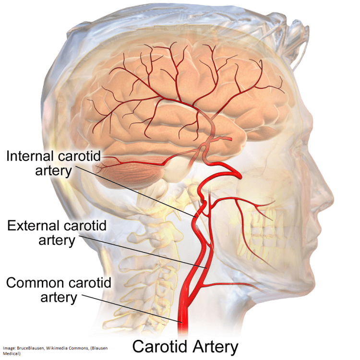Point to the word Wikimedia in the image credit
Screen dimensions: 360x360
tap(56, 348)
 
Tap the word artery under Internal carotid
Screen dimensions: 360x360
tap(53, 171)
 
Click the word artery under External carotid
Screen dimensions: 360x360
tap(57, 240)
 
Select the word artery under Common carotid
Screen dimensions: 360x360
tap(59, 298)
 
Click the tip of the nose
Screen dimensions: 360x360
tap(334, 202)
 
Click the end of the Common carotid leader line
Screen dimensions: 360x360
tap(182, 323)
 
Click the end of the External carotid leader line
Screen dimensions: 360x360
tap(207, 268)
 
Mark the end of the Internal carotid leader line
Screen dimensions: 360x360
tap(196, 217)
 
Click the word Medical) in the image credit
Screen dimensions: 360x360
tap(12, 354)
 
